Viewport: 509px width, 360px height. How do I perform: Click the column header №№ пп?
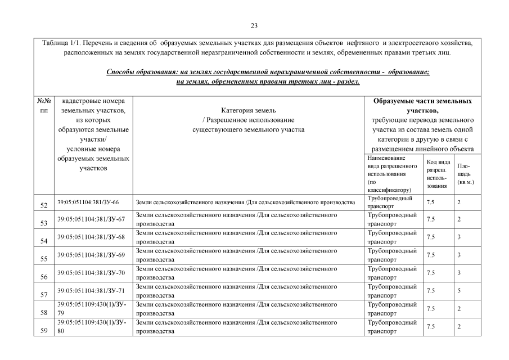click(44, 106)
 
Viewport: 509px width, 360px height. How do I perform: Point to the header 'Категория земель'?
click(248, 111)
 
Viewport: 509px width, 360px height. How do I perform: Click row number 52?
click(44, 205)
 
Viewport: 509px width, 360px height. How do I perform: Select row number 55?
click(44, 259)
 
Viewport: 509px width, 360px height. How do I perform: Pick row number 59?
click(44, 330)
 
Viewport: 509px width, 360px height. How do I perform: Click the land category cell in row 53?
click(237, 219)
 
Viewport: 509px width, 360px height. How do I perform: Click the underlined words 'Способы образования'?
click(139, 73)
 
